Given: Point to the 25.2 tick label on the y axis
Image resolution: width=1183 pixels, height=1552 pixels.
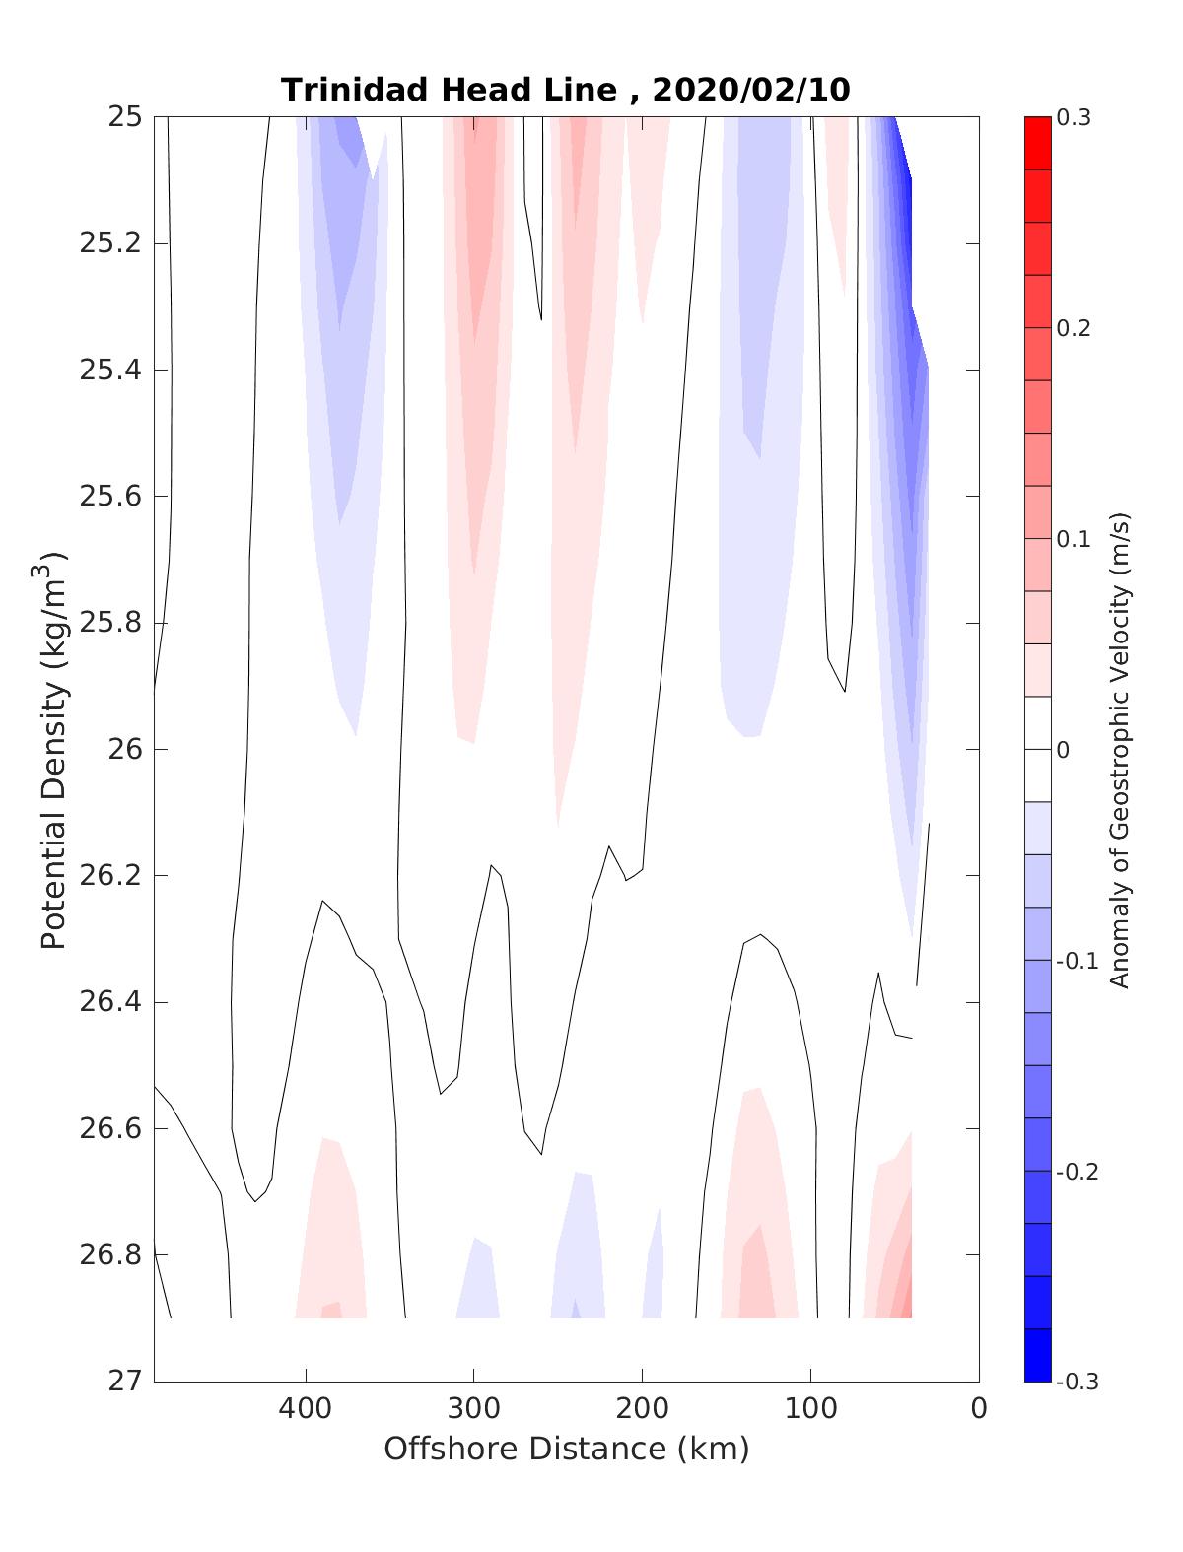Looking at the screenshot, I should point(109,243).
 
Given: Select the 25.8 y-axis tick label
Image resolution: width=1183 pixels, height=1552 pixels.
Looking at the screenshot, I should point(109,623).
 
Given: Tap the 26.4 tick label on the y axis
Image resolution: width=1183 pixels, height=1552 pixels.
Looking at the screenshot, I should point(109,1002).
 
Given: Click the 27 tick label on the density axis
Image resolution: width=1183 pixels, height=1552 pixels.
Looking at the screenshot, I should point(124,1381).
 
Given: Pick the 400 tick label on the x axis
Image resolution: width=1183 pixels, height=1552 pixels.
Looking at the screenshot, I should point(306,1408).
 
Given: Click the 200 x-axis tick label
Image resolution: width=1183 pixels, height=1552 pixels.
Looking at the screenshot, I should point(643,1408).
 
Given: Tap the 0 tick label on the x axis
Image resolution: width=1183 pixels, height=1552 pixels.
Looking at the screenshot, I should point(978,1408).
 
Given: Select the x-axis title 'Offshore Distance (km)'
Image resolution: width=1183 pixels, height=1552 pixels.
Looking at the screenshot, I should point(566,1449).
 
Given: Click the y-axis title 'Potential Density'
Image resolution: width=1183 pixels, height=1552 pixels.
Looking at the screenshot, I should point(53,749).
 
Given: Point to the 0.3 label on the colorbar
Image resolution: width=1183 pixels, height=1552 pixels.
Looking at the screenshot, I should point(1074,118).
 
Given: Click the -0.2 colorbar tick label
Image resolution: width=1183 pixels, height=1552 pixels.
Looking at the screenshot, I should point(1077,1171).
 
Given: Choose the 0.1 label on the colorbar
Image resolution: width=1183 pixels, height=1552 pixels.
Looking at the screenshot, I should point(1074,539).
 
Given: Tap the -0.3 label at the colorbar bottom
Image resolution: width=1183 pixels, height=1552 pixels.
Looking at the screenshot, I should point(1077,1382).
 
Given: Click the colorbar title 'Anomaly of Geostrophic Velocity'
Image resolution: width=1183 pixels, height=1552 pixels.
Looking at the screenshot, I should point(1119,749).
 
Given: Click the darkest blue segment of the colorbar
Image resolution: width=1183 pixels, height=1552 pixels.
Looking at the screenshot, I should point(1038,1355).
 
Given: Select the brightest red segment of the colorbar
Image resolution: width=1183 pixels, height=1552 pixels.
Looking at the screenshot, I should point(1038,143).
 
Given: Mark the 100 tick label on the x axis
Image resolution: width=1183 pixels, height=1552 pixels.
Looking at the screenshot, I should point(811,1408).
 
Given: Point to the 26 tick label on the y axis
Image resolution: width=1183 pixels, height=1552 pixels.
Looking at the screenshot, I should point(124,749).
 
